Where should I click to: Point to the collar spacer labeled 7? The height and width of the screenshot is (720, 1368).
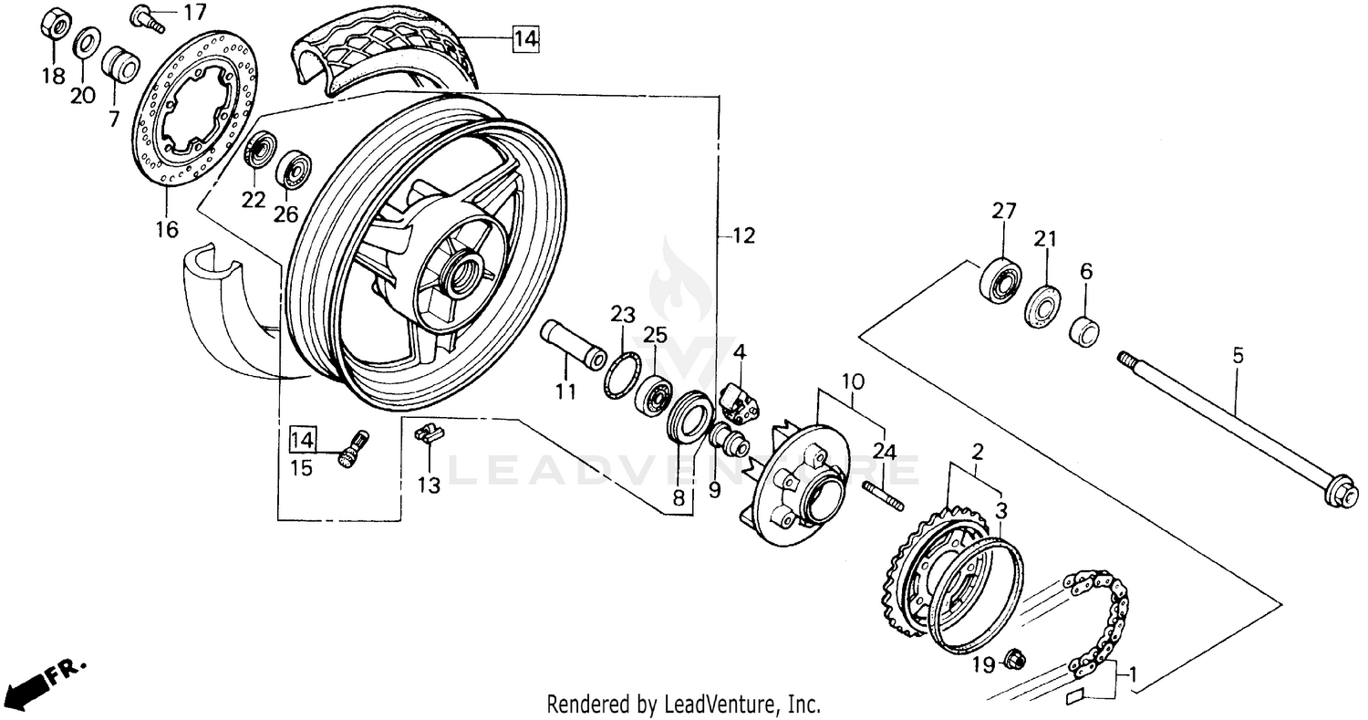pyautogui.click(x=119, y=65)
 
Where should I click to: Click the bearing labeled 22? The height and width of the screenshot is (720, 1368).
pyautogui.click(x=261, y=150)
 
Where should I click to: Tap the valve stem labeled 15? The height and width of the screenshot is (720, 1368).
pyautogui.click(x=351, y=450)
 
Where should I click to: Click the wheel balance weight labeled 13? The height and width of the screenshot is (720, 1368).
pyautogui.click(x=428, y=433)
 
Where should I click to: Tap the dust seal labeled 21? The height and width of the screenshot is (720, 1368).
pyautogui.click(x=1043, y=306)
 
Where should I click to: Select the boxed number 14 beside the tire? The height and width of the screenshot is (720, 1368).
pyautogui.click(x=525, y=38)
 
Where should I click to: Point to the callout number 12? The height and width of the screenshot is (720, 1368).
pyautogui.click(x=743, y=236)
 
